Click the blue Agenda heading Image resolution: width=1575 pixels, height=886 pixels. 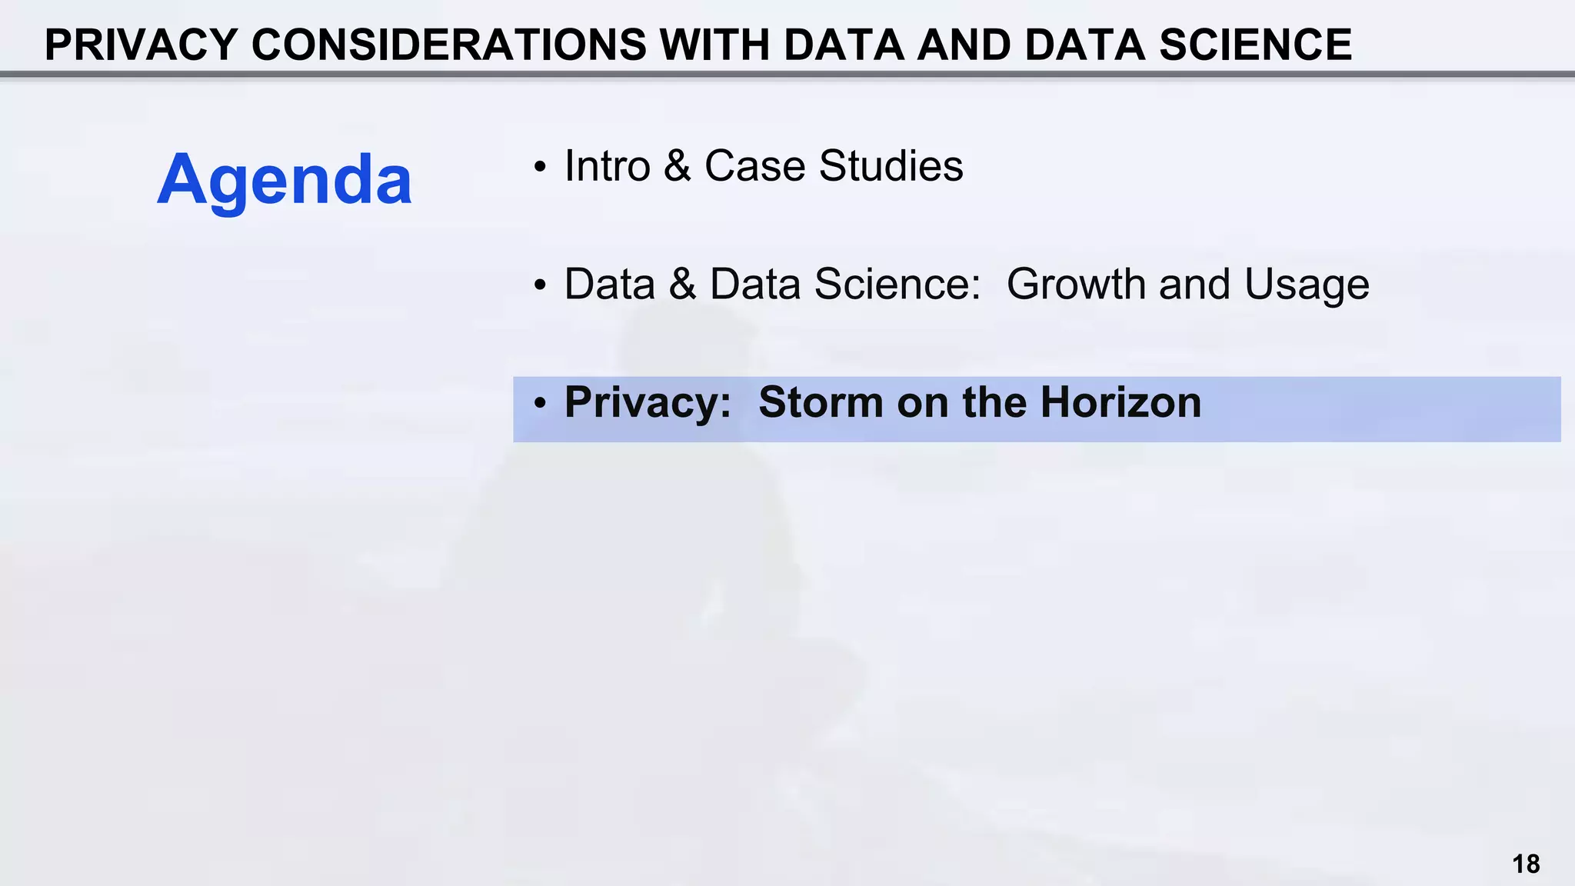click(x=285, y=180)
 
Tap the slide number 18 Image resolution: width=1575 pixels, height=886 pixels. click(x=1526, y=864)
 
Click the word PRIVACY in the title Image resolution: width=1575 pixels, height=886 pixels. click(x=141, y=45)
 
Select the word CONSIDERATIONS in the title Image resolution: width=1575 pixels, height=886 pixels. click(x=449, y=45)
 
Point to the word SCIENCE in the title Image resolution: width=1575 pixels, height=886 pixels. click(x=1255, y=45)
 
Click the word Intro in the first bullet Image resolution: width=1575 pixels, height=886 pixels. click(x=608, y=165)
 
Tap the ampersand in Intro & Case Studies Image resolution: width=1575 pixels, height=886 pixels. click(x=677, y=165)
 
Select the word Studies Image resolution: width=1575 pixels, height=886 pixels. click(x=891, y=165)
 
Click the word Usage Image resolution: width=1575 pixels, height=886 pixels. click(x=1307, y=285)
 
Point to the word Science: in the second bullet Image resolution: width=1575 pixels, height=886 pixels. click(x=897, y=284)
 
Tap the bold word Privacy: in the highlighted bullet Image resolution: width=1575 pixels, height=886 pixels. click(x=648, y=402)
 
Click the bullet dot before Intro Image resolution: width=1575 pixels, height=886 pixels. click(x=541, y=167)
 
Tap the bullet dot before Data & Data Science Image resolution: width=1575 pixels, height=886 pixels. click(x=541, y=285)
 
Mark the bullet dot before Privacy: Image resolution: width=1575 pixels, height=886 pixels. click(x=541, y=404)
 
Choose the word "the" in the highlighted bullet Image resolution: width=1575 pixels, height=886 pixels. click(x=994, y=402)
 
